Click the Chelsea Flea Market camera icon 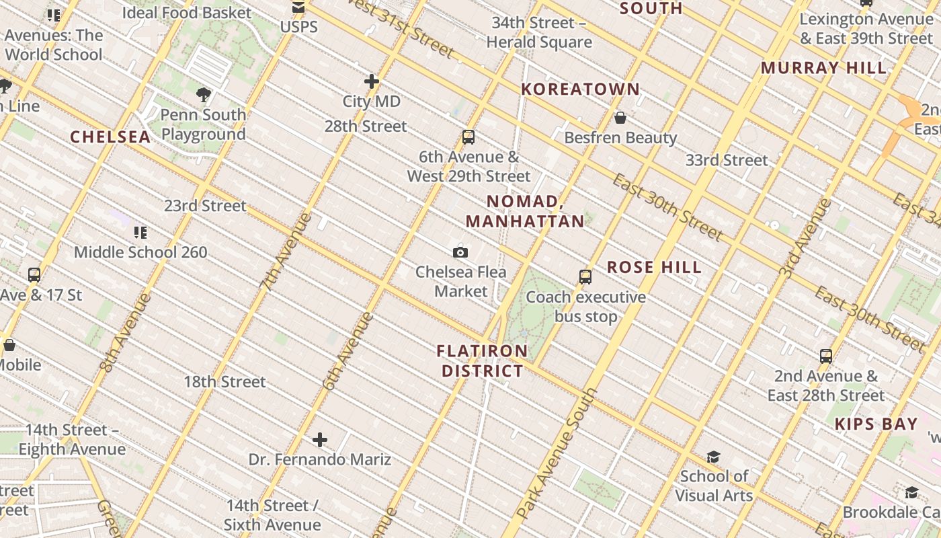(460, 252)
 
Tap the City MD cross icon (372, 81)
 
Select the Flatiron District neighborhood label (482, 361)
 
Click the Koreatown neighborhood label (581, 89)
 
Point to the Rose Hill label (654, 267)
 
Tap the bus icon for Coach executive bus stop (585, 277)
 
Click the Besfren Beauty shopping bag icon (620, 118)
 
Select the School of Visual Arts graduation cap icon (713, 457)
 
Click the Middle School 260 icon (140, 233)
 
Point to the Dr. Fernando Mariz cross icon (320, 440)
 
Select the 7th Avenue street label (286, 252)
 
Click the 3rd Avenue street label (805, 239)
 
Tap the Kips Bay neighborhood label (876, 424)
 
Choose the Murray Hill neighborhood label (823, 68)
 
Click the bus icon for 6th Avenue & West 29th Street (468, 137)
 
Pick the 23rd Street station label (206, 206)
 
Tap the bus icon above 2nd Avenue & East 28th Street (826, 356)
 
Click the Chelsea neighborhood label (110, 137)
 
